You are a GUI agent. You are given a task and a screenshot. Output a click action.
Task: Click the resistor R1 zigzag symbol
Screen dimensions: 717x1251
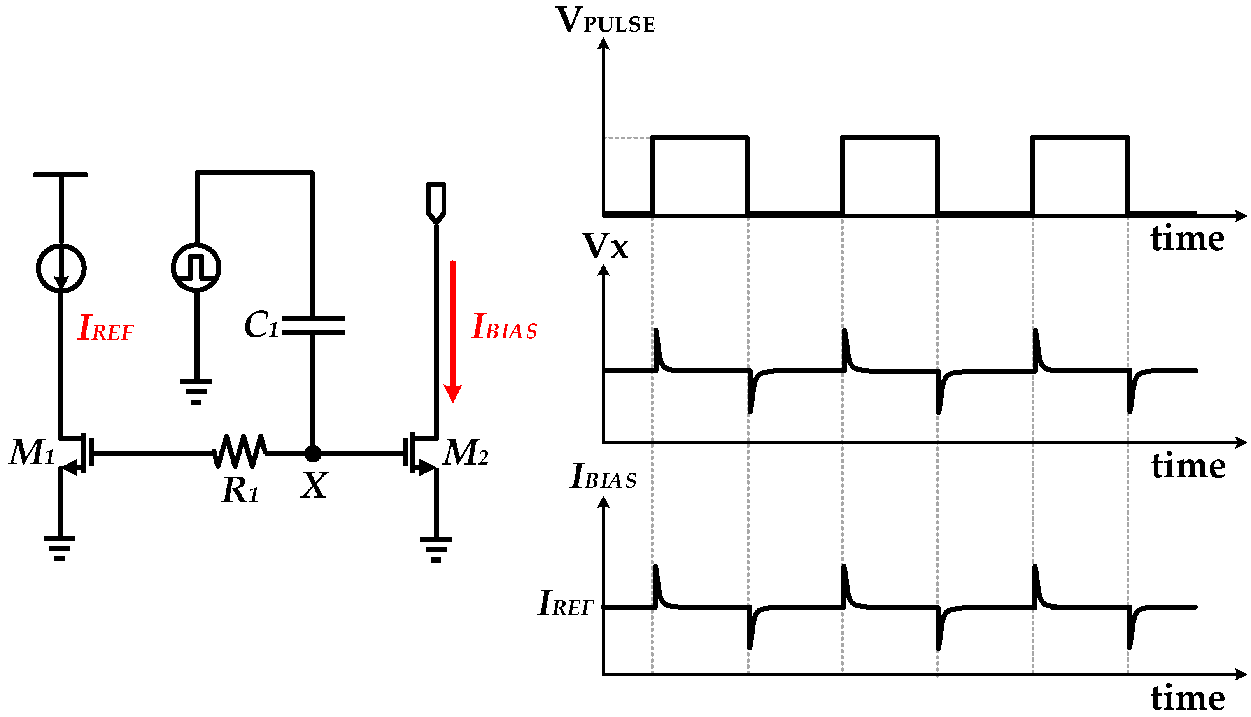(x=240, y=451)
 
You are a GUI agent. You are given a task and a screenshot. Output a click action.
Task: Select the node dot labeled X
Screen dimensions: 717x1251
(x=313, y=454)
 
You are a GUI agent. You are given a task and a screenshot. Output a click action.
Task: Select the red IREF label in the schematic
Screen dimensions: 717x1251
(x=105, y=328)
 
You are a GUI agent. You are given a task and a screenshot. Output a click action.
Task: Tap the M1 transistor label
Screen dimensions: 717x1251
(x=32, y=452)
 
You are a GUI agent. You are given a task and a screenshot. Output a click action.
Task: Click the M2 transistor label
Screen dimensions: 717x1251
(x=465, y=452)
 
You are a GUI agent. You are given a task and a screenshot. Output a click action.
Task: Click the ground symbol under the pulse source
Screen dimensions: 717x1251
(x=196, y=391)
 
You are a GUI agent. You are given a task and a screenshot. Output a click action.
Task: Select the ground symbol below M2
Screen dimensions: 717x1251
(x=436, y=549)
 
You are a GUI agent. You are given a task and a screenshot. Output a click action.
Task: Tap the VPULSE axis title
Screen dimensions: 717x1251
(x=605, y=21)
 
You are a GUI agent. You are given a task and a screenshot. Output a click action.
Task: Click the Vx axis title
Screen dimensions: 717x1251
(x=605, y=246)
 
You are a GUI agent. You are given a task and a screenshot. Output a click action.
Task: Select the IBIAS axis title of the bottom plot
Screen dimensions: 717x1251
(x=603, y=476)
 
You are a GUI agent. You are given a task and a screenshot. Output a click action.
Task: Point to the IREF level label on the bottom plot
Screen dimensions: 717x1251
(x=566, y=603)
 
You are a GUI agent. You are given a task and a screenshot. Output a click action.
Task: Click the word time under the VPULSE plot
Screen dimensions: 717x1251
(x=1187, y=239)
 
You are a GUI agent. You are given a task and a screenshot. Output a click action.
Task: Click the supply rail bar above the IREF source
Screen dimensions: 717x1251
(x=61, y=175)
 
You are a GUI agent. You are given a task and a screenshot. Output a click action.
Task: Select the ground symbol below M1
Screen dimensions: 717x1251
(x=60, y=548)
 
